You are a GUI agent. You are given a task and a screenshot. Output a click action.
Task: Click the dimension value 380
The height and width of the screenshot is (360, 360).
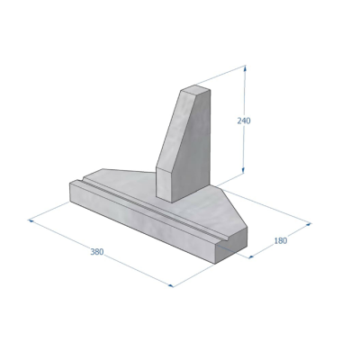point(97,252)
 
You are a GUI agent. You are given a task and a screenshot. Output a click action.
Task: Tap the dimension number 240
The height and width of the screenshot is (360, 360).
point(244,121)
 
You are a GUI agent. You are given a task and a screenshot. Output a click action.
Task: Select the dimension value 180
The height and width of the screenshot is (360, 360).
point(281,240)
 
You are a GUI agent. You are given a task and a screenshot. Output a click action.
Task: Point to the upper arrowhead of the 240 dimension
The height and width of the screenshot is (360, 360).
point(246,68)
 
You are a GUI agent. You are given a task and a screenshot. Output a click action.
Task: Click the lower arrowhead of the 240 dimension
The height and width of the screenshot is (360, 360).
point(243,170)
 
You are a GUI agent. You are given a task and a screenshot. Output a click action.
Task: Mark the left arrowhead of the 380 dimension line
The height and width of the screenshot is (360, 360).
point(31,220)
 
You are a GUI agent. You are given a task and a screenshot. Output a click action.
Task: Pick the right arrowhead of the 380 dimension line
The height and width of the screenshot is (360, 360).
point(171,285)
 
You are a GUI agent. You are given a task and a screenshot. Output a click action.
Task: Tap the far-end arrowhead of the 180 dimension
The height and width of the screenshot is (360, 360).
point(309,223)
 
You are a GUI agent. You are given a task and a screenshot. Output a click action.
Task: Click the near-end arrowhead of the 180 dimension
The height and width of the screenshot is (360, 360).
point(252,256)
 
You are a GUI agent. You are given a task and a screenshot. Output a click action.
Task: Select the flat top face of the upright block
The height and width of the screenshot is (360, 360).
point(195,89)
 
